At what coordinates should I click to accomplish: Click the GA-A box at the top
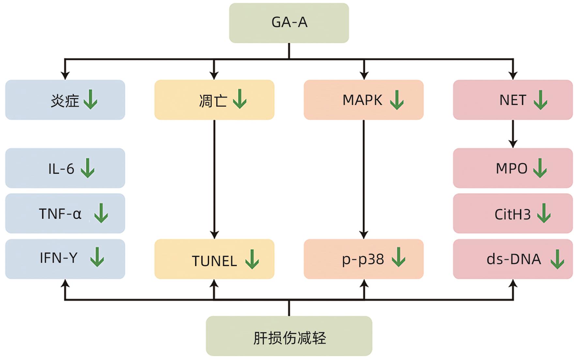289,23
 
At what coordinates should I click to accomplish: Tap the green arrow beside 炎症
90,99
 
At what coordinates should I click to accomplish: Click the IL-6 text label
61,169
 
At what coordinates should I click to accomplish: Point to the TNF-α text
60,214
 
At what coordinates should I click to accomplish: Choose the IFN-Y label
58,258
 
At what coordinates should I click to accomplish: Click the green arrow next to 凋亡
240,99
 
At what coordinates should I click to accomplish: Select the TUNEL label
214,261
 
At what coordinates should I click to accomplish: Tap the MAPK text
362,100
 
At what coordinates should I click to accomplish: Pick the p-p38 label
363,260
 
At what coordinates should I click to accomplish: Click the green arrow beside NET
540,100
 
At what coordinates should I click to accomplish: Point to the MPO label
511,169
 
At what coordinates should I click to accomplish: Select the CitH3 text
512,214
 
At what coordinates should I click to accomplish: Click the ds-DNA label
514,259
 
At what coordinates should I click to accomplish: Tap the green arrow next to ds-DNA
557,259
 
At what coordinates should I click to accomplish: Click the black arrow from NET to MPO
513,134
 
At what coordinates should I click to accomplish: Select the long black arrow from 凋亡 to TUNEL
214,179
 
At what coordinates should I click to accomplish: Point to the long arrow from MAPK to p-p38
364,179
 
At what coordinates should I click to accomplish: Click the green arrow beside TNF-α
101,213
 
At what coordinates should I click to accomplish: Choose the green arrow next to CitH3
544,213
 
